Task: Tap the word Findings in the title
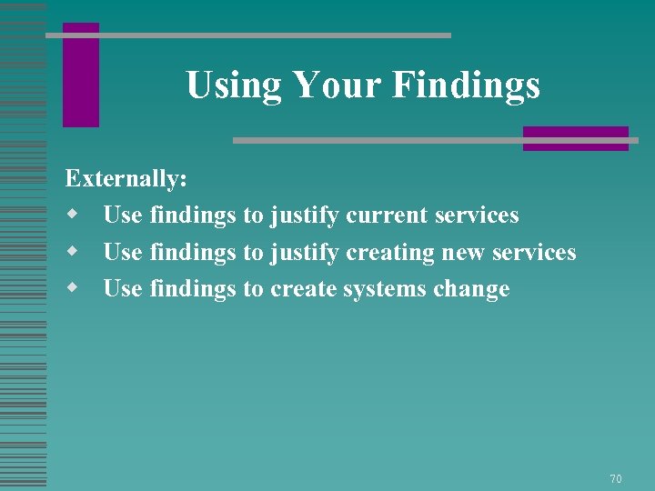467,86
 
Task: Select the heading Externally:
126,178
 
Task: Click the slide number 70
616,478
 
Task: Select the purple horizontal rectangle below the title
575,138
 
